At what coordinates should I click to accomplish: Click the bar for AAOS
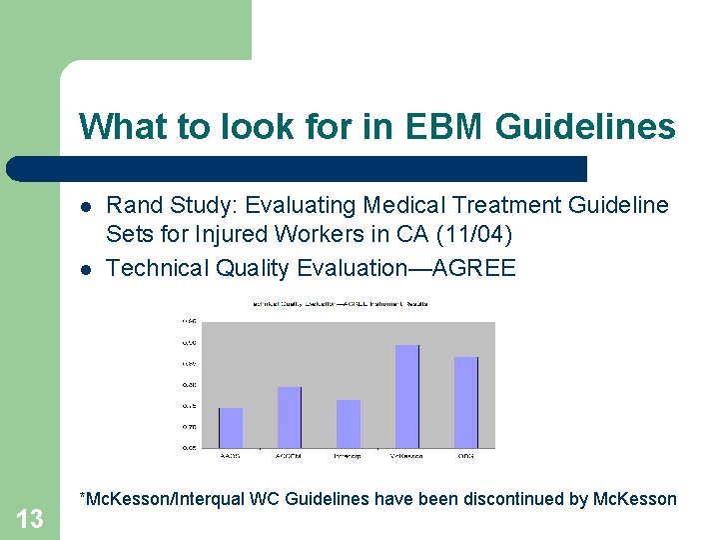coord(231,428)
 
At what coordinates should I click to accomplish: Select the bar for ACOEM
coord(289,417)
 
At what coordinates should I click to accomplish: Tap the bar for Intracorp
coord(349,424)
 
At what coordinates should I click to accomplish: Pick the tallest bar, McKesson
coord(407,396)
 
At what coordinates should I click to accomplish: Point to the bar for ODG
coord(466,402)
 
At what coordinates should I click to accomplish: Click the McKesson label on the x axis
coord(406,456)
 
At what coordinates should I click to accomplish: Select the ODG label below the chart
coord(466,456)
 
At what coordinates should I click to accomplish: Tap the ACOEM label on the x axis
coord(289,456)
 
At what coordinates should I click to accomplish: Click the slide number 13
coord(31,518)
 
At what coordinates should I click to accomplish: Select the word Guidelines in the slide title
coord(584,127)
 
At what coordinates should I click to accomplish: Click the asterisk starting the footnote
coord(83,496)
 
